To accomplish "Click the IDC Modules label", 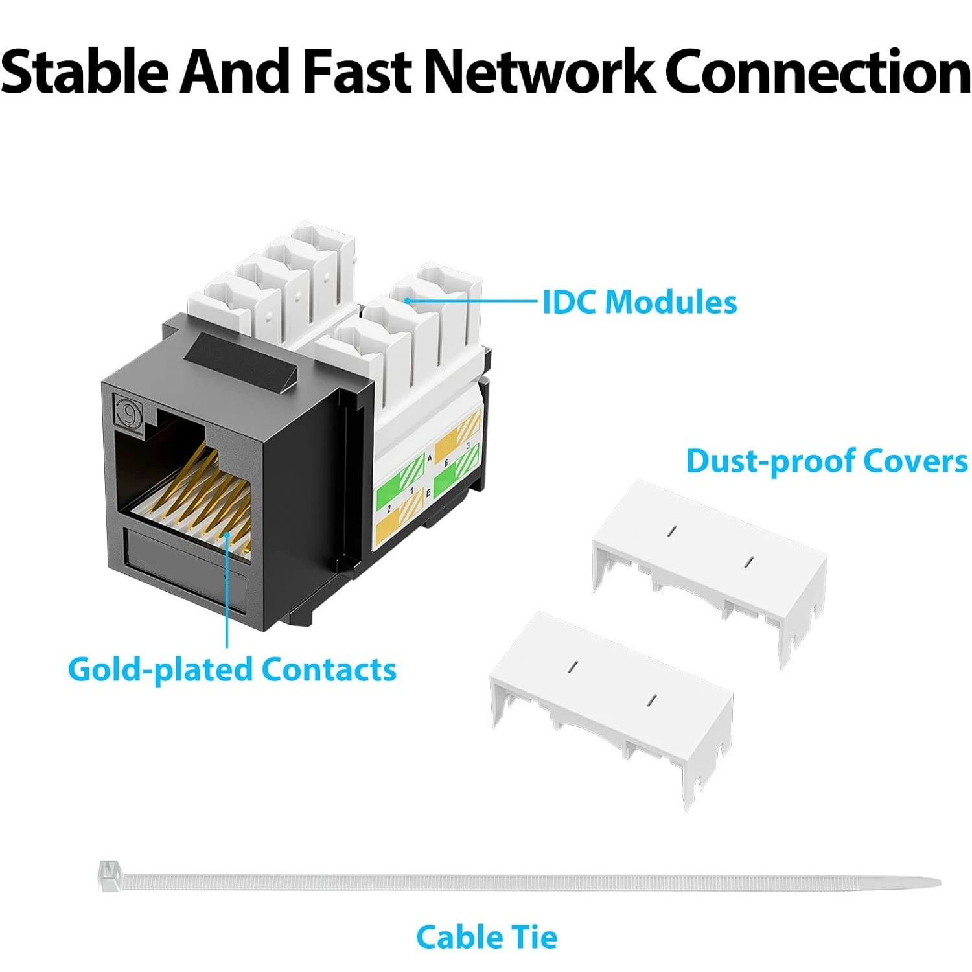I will (640, 303).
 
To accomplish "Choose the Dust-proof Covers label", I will (827, 461).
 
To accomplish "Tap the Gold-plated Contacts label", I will (232, 669).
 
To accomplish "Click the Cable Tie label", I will (486, 937).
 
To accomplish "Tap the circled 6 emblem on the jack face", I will (128, 412).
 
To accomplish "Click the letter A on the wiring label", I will (429, 458).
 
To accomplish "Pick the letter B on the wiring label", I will (428, 493).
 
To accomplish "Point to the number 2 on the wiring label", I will (389, 509).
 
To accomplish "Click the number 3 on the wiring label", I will (468, 446).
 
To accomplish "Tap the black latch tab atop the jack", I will (240, 363).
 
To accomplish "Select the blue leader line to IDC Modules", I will (473, 301).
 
